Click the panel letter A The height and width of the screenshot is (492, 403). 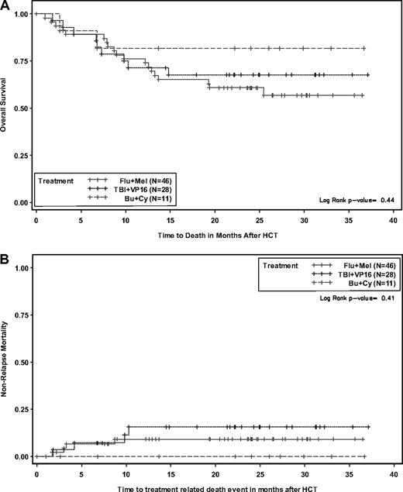pos(6,6)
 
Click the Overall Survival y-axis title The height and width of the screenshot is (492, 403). pos(6,108)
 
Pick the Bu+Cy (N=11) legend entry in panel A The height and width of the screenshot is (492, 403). pos(140,201)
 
